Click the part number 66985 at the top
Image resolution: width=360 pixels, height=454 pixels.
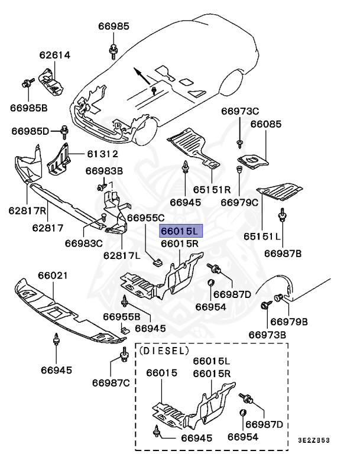click(114, 26)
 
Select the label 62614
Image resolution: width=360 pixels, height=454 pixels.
click(55, 56)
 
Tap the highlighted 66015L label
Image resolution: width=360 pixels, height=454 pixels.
click(181, 231)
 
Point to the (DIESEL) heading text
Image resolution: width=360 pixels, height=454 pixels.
click(164, 350)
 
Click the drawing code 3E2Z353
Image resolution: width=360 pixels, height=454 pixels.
click(313, 440)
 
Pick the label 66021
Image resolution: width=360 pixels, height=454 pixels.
click(53, 275)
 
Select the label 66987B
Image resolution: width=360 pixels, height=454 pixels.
click(283, 253)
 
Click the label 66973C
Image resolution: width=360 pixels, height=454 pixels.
click(240, 111)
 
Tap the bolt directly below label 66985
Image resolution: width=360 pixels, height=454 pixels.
click(113, 51)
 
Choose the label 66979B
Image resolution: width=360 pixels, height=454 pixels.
click(289, 322)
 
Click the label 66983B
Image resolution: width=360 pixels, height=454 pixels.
click(104, 171)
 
